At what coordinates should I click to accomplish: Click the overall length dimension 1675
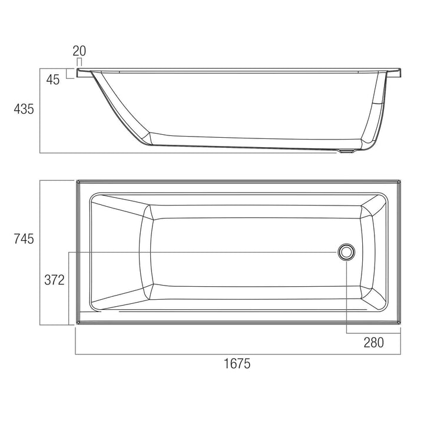pyautogui.click(x=238, y=363)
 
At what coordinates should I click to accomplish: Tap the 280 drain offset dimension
pyautogui.click(x=373, y=342)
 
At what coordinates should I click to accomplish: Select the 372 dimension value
pyautogui.click(x=54, y=280)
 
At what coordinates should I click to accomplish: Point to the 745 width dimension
pyautogui.click(x=24, y=238)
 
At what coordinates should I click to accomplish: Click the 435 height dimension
pyautogui.click(x=24, y=109)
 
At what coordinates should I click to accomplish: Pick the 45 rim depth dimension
pyautogui.click(x=53, y=80)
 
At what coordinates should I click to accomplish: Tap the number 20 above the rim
pyautogui.click(x=79, y=51)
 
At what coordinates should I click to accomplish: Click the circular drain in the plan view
pyautogui.click(x=346, y=252)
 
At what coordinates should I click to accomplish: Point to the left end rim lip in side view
pyautogui.click(x=82, y=73)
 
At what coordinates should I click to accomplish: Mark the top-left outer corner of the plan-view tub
pyautogui.click(x=77, y=181)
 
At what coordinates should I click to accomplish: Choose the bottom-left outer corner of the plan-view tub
pyautogui.click(x=77, y=323)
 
